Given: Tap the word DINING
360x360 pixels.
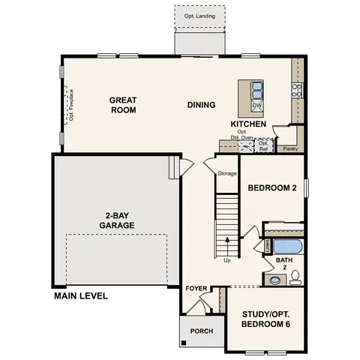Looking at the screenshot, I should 202,105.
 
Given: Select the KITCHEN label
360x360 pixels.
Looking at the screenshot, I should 248,123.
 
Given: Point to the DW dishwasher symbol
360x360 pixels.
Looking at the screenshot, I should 256,106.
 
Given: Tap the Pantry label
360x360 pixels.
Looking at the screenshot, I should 289,148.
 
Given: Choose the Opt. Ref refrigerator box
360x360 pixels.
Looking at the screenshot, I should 264,145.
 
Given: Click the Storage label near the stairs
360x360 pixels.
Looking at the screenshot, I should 227,173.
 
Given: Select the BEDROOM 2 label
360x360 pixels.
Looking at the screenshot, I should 272,189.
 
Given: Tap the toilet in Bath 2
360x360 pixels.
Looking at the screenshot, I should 295,277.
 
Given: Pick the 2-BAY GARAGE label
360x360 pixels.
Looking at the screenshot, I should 115,219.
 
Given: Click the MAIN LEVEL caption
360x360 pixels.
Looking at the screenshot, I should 81,296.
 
